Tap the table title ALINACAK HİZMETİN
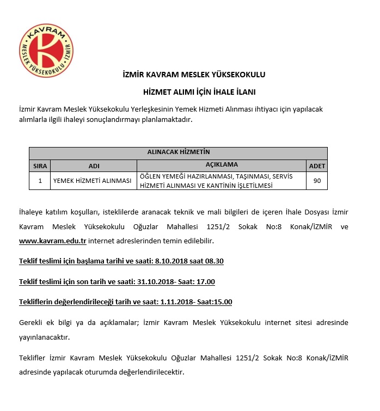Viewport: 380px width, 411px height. [178, 152]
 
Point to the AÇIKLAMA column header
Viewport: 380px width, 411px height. [222, 165]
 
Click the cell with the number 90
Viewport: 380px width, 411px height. [317, 181]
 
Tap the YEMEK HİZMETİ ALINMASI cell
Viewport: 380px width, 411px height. [92, 181]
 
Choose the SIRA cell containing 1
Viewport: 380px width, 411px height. [40, 181]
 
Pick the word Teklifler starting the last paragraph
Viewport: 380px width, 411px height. [33, 358]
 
